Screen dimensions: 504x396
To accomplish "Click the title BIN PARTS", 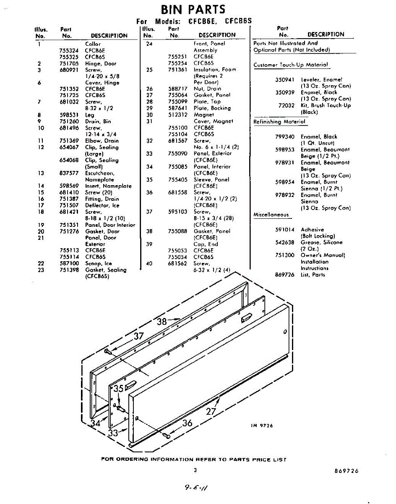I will (193, 9).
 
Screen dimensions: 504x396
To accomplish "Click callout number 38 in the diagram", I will (162, 322).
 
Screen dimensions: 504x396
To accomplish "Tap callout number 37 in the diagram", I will (138, 336).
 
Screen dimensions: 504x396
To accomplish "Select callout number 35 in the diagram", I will (119, 388).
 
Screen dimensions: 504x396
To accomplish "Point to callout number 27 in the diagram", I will (211, 411).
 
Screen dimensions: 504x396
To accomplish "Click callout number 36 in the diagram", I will (187, 423).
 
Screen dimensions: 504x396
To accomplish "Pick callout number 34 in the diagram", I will (96, 423).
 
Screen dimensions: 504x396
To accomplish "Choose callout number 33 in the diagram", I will (113, 433).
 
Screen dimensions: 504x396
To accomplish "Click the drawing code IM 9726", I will (262, 425).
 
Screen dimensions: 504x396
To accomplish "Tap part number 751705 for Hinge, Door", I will (69, 63).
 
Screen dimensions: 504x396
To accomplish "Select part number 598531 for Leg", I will (69, 115).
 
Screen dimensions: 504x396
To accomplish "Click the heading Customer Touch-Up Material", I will (291, 65).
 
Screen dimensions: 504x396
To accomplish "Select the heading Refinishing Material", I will (279, 122).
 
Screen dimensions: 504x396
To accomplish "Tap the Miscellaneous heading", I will (271, 215).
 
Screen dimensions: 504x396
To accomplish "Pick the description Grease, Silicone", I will (321, 242).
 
